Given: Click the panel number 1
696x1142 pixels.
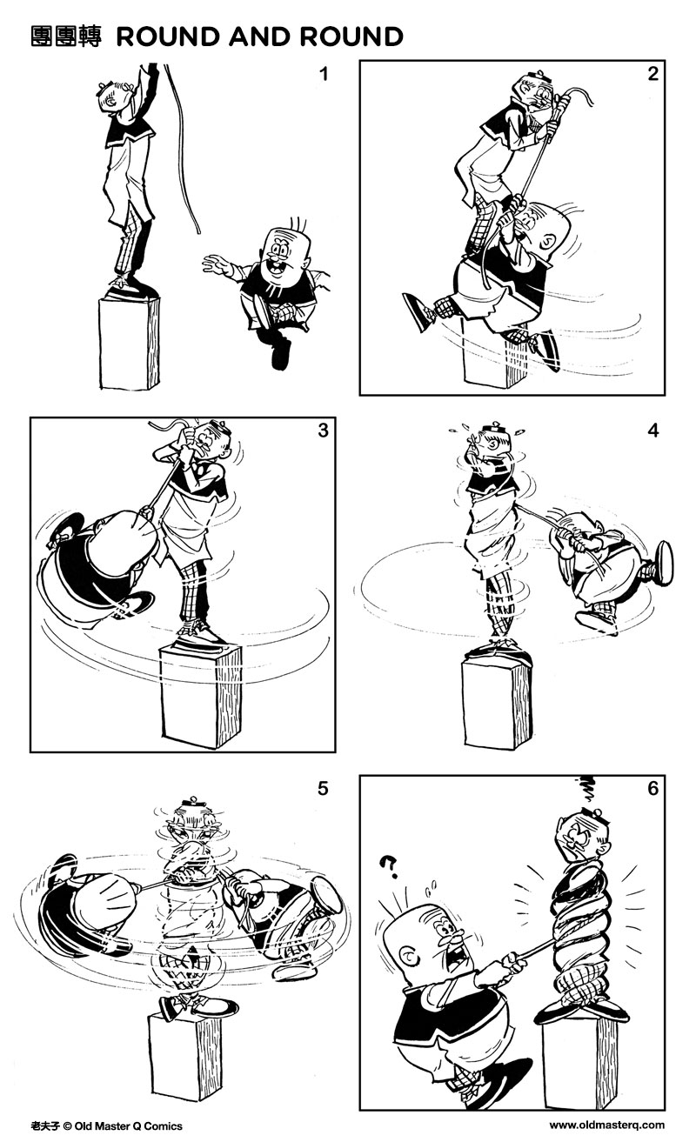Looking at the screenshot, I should [x=324, y=75].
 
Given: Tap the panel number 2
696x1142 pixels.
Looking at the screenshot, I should [x=652, y=75].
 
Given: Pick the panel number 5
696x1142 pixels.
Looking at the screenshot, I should [x=323, y=789].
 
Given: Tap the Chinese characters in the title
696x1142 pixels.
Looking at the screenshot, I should [x=67, y=37].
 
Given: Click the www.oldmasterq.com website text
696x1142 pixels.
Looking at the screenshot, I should [x=606, y=1125].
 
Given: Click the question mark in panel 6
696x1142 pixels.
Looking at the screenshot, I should [x=390, y=865].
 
